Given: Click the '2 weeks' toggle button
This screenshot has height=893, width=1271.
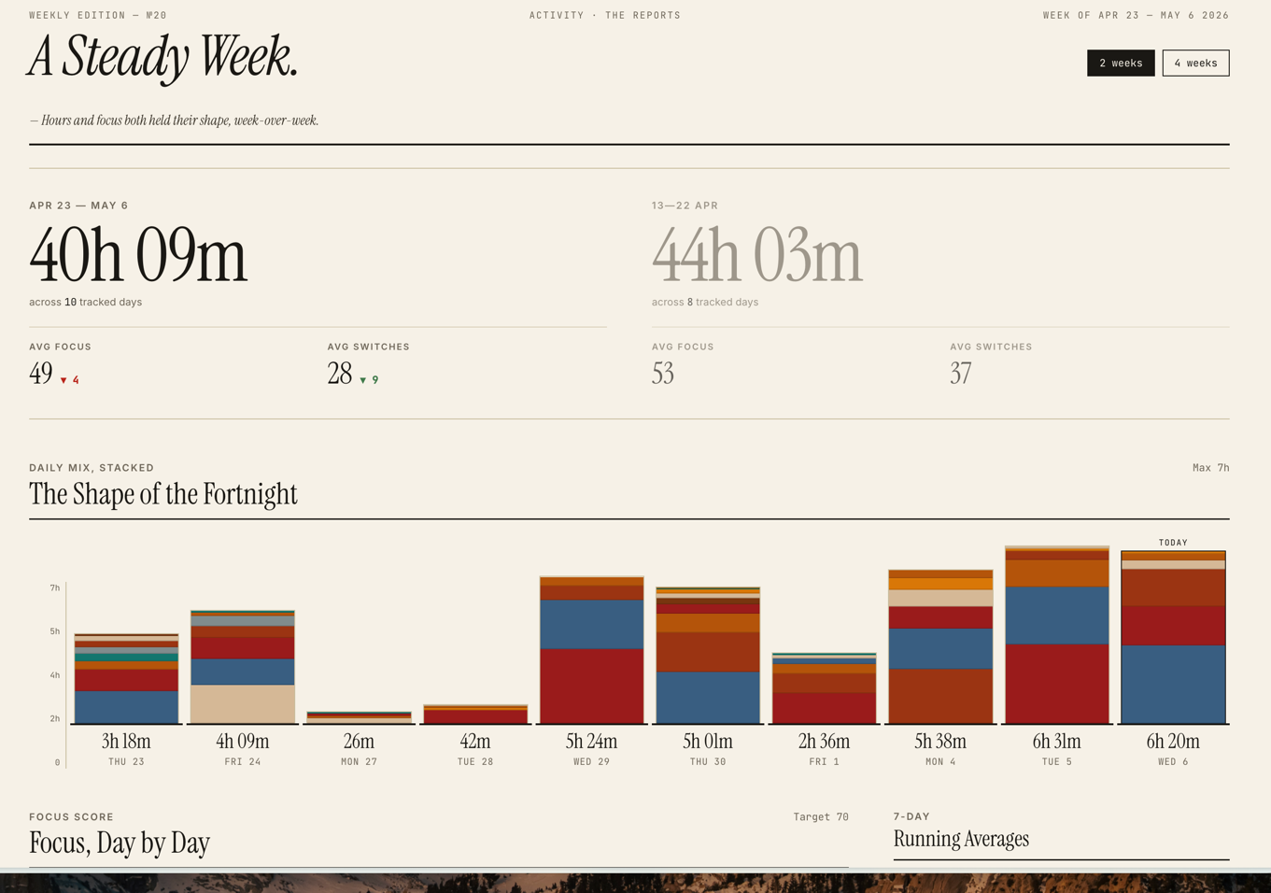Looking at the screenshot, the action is click(1121, 63).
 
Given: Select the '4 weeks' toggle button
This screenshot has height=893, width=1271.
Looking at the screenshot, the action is click(1195, 63).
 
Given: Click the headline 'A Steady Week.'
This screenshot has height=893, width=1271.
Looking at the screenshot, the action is click(162, 57).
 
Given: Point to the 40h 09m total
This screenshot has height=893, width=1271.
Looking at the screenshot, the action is click(138, 254).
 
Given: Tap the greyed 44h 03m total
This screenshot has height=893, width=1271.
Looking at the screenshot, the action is click(757, 254).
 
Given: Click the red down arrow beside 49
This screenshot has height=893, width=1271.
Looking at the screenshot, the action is click(64, 380).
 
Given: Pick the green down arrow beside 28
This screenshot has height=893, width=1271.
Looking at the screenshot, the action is click(363, 380).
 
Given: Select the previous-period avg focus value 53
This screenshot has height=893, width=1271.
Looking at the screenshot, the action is click(663, 373).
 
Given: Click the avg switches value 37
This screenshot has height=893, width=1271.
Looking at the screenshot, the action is click(961, 373).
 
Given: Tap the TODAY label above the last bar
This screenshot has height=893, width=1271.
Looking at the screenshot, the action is click(1173, 542).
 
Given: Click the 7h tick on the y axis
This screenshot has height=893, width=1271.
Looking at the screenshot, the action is click(54, 588).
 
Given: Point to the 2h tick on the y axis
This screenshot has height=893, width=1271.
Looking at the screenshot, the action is click(54, 718).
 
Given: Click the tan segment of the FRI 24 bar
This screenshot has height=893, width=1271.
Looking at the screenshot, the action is click(242, 704).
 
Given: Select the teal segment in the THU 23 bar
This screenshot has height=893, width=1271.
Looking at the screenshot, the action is click(126, 658).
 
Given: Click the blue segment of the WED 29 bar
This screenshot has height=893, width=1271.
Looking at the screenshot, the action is click(591, 624).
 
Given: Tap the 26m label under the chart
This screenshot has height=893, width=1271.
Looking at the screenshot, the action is click(359, 741).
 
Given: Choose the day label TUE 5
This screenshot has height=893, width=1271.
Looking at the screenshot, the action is click(1056, 762).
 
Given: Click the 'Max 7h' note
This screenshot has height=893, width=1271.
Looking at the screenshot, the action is click(1211, 468).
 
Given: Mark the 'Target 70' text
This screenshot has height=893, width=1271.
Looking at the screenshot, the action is click(821, 817).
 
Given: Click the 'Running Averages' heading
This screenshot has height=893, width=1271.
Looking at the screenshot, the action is click(961, 839).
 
